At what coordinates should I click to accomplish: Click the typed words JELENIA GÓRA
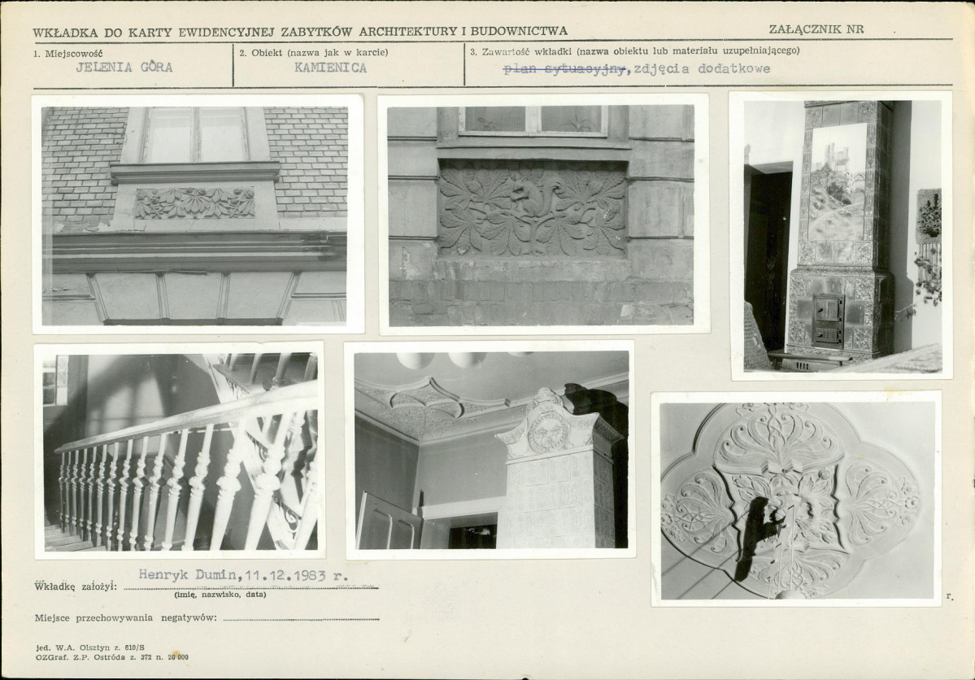tap(124, 68)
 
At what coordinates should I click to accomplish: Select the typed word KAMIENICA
tap(330, 68)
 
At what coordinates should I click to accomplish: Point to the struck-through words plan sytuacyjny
tap(564, 69)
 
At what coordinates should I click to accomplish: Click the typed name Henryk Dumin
tap(187, 575)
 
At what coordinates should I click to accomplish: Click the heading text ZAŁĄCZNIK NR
tap(816, 29)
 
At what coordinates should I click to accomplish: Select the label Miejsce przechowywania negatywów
tap(125, 618)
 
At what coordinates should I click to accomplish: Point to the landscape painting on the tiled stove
tap(838, 181)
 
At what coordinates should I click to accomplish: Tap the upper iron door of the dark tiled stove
tap(829, 308)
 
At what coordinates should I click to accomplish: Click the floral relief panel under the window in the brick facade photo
tap(194, 203)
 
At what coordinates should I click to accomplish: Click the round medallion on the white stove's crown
tap(546, 429)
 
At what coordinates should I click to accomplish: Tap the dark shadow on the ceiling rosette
tap(760, 533)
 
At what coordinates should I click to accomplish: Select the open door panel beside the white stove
tap(388, 521)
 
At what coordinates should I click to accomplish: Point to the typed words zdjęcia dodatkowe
tap(702, 69)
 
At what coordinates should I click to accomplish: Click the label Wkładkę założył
tap(76, 586)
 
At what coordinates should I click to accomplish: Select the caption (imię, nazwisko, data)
tap(220, 595)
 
